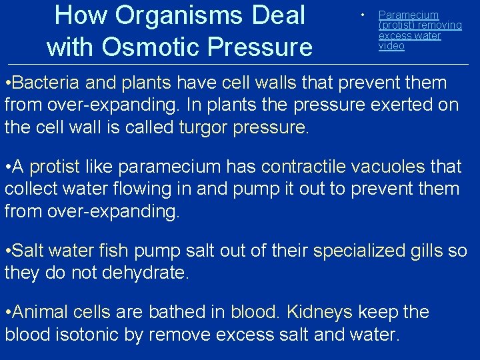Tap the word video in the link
click(x=391, y=46)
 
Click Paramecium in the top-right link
click(x=409, y=15)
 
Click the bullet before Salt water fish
click(x=7, y=251)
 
